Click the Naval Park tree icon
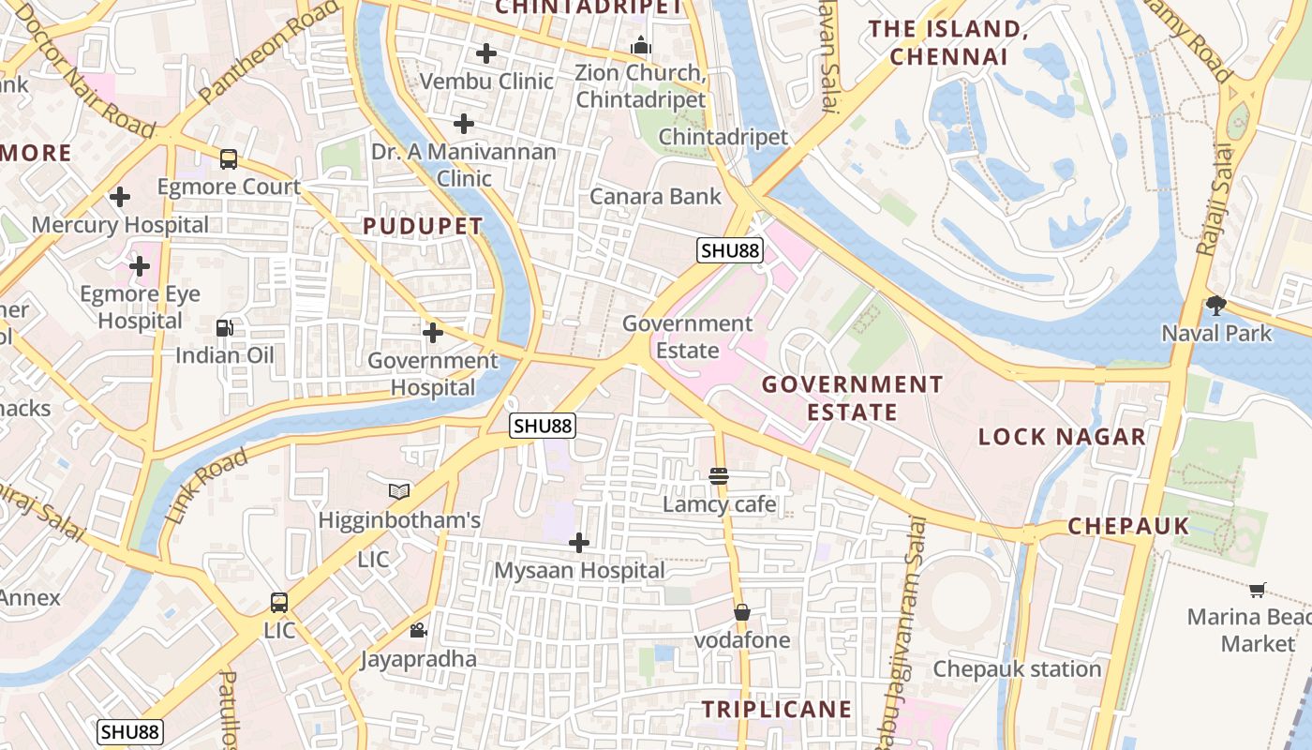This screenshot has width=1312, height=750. click(x=1216, y=304)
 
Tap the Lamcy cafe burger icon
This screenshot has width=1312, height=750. click(x=719, y=476)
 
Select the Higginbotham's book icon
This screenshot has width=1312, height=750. click(x=399, y=491)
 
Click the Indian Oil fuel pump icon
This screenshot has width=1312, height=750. click(x=225, y=327)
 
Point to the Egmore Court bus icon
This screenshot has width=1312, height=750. click(x=229, y=159)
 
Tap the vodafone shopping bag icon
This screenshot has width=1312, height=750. click(x=742, y=612)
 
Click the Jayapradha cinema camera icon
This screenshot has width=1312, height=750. click(x=418, y=631)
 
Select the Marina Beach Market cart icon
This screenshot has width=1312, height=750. click(x=1258, y=590)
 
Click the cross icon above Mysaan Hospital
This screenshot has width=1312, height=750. click(x=579, y=542)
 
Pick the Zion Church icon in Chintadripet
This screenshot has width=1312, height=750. click(x=641, y=45)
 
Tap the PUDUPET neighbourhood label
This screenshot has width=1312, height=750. click(x=423, y=226)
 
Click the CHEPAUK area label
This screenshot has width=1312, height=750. click(x=1128, y=526)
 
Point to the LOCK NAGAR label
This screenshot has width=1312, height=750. click(x=1062, y=436)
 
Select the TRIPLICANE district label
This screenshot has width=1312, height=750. click(x=777, y=709)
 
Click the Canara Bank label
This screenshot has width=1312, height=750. click(x=655, y=196)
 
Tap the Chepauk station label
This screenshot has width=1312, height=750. click(x=1017, y=668)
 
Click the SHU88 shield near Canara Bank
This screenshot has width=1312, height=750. click(x=730, y=250)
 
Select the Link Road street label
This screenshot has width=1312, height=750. click(x=207, y=486)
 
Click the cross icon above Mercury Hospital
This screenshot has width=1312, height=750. click(x=120, y=197)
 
